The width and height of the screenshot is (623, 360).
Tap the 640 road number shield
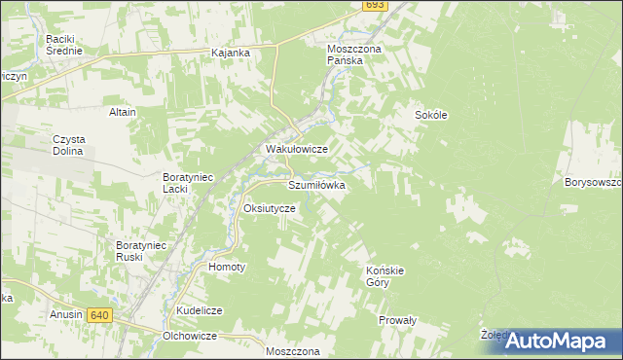click(98, 315)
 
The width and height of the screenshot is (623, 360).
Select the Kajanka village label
click(231, 53)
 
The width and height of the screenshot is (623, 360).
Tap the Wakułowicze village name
click(296, 149)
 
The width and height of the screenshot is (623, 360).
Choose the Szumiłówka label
click(316, 184)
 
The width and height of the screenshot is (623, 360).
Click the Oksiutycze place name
click(269, 209)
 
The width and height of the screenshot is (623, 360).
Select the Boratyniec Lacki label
click(188, 182)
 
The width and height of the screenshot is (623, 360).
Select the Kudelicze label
click(200, 310)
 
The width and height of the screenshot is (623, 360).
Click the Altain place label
click(123, 112)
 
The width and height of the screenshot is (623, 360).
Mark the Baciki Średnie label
click(61, 45)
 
